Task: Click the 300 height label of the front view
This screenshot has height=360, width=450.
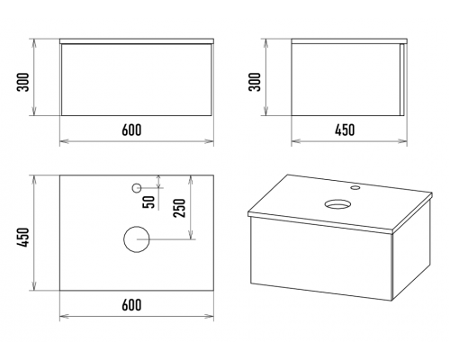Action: [24, 82]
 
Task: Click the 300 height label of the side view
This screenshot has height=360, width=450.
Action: [256, 82]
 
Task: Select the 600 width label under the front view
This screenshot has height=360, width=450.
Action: [131, 130]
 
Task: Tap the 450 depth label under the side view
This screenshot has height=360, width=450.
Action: [345, 130]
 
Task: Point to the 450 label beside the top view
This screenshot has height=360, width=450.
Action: [24, 238]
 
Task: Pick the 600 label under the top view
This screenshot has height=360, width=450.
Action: [131, 304]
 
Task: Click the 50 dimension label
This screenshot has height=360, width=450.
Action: [149, 202]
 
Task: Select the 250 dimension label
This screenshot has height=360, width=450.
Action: [180, 208]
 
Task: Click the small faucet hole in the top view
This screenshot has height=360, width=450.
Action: [137, 188]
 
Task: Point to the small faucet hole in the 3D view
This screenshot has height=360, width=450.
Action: [355, 188]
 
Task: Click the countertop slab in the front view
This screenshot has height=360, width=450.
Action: [137, 41]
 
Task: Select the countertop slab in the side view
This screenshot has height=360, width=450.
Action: [349, 41]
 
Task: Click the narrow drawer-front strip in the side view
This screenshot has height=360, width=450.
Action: [402, 79]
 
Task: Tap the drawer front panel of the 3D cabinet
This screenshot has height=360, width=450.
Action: [321, 258]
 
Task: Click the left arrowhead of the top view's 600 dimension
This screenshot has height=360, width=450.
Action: [64, 316]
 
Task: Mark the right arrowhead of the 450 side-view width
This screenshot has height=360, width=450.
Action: [403, 140]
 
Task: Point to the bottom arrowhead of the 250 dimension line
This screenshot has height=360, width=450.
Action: [190, 235]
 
